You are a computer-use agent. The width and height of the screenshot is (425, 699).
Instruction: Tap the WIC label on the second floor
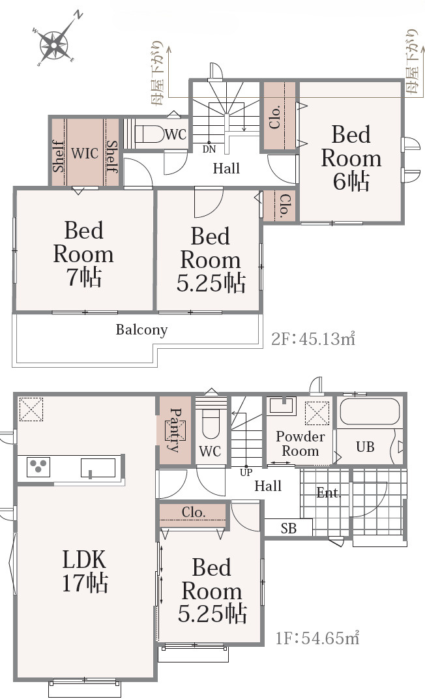(85, 153)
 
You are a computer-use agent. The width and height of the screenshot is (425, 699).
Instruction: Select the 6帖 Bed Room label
(351, 158)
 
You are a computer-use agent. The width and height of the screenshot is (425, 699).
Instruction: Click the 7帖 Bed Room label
(83, 254)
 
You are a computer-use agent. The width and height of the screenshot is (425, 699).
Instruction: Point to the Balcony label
(141, 330)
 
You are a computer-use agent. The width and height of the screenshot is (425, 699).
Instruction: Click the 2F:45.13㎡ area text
(313, 339)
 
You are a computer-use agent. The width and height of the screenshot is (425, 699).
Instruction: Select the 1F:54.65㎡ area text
(317, 638)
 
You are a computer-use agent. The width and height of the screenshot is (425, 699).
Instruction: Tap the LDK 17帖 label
(85, 571)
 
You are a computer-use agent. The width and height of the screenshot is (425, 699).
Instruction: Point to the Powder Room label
(300, 443)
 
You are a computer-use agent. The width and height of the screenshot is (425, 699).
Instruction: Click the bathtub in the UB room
(370, 411)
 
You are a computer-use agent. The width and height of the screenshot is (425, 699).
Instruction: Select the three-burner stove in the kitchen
(38, 467)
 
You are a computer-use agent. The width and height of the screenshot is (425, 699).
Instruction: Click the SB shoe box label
(289, 529)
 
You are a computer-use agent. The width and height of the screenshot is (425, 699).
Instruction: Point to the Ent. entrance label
(329, 492)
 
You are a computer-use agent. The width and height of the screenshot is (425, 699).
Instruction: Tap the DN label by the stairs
(209, 149)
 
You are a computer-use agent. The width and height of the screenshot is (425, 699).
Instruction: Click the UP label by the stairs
(246, 473)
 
